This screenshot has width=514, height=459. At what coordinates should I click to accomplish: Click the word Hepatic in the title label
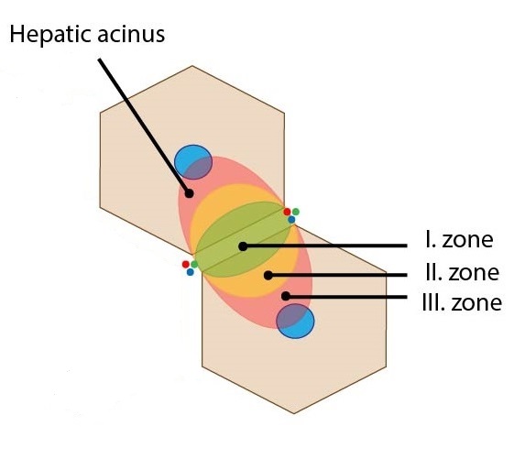tap(50, 35)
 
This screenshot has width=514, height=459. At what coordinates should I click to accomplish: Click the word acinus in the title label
tap(131, 35)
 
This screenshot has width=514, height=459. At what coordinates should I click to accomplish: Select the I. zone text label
tap(459, 240)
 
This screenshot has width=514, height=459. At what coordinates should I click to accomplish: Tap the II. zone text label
tap(462, 272)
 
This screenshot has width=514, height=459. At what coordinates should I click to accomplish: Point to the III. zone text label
tap(462, 302)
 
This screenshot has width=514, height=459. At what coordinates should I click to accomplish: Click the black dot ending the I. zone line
tap(243, 246)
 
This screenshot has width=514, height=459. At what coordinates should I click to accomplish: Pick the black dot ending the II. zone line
tap(268, 276)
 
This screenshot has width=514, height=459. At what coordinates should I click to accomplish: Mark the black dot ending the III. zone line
tap(286, 296)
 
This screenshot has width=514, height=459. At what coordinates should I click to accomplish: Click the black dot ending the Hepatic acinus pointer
tap(189, 193)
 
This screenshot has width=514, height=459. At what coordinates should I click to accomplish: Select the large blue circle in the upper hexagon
tap(193, 162)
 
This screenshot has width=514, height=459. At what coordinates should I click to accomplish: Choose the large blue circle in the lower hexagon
tap(295, 321)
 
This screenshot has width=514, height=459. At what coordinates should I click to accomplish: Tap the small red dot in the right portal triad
tap(287, 212)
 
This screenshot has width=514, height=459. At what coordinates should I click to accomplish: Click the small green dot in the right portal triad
tap(296, 212)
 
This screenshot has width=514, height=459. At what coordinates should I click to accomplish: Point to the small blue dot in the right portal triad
tap(291, 220)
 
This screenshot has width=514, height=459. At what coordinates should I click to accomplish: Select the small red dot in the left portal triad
tap(186, 264)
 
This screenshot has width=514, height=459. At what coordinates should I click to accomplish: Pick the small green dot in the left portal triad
tap(194, 264)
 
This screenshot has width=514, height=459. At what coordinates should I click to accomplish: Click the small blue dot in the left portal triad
tap(191, 272)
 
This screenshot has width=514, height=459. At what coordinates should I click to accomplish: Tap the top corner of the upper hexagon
tap(192, 66)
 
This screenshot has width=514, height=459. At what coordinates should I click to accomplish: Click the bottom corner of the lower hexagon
tap(294, 413)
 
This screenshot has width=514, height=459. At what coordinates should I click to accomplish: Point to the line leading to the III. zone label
tap(346, 297)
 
